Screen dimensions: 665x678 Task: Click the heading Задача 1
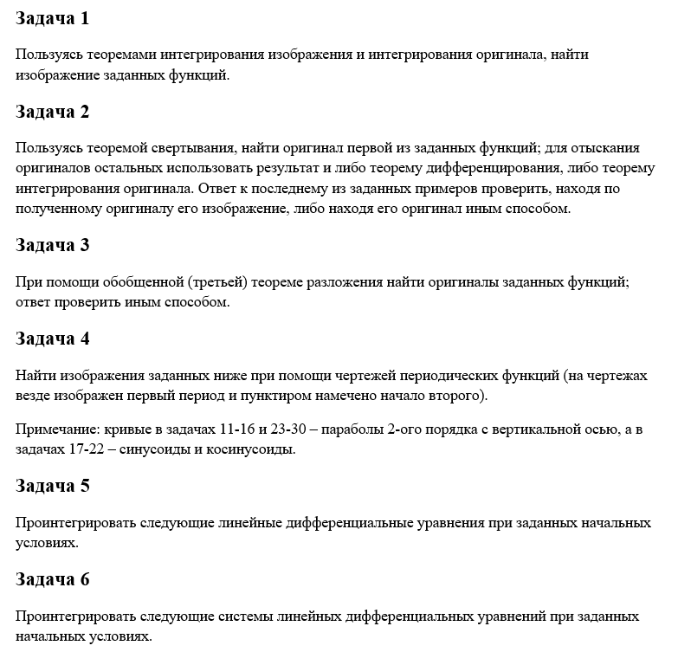pyautogui.click(x=52, y=18)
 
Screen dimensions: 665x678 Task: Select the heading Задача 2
pyautogui.click(x=52, y=112)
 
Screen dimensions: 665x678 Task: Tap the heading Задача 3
pyautogui.click(x=52, y=245)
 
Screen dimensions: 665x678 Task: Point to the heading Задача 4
pyautogui.click(x=52, y=339)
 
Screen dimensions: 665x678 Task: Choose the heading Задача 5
pyautogui.click(x=52, y=486)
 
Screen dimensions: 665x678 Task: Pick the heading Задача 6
pyautogui.click(x=52, y=579)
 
